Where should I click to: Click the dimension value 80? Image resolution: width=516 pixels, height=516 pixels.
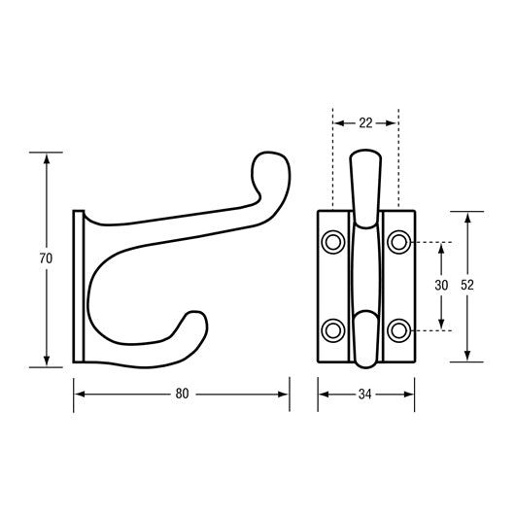pos(182,394)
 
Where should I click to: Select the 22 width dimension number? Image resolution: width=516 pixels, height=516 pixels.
pos(365,123)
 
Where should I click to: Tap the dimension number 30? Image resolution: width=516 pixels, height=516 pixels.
pos(441,286)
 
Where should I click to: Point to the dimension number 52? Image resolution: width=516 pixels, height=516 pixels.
pos(467,286)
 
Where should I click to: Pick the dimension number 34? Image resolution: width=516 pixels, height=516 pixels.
pos(365,394)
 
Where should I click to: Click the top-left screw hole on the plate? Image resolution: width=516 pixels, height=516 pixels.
pos(333,240)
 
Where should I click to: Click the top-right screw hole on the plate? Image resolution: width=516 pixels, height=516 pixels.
pos(398,240)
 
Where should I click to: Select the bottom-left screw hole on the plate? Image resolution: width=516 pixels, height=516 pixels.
pos(333,330)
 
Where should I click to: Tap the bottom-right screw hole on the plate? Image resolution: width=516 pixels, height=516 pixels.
pos(398,330)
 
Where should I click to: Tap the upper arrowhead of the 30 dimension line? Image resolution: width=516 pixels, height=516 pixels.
pos(441,247)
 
